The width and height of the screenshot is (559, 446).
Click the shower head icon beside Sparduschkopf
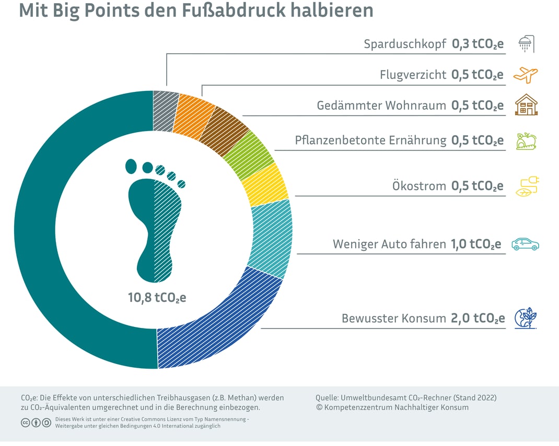point(526,44)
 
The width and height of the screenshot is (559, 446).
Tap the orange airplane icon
point(526,75)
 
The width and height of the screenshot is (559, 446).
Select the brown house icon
point(526,105)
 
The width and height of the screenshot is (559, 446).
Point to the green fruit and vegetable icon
point(526,140)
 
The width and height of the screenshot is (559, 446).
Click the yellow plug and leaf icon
point(527,186)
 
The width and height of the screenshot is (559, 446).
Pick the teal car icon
point(525,244)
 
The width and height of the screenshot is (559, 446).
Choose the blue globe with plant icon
point(525,318)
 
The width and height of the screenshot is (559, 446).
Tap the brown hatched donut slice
point(223,131)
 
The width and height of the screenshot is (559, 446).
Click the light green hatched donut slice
point(250,154)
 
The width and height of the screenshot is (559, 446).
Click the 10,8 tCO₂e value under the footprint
point(157,298)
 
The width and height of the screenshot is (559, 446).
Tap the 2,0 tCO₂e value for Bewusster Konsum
point(478,319)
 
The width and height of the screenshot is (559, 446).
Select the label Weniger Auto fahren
point(389,244)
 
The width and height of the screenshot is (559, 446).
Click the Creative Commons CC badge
point(26,422)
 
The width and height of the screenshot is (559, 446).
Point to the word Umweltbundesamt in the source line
point(371,397)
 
